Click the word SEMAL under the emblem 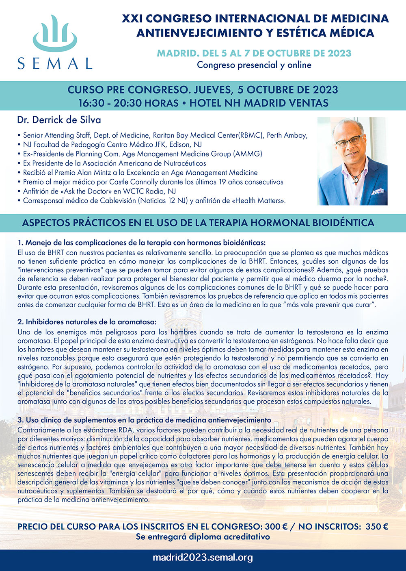(x=55, y=63)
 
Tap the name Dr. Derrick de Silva (x=59, y=120)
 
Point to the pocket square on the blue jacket (x=378, y=190)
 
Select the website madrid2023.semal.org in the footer (x=203, y=558)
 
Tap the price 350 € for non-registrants (x=377, y=527)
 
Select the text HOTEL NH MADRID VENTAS (x=259, y=103)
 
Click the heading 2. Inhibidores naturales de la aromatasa (x=87, y=322)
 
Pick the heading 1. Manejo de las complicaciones (x=142, y=243)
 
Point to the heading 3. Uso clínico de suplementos (x=144, y=420)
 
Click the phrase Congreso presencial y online (x=254, y=65)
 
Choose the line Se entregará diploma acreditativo (x=203, y=536)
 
